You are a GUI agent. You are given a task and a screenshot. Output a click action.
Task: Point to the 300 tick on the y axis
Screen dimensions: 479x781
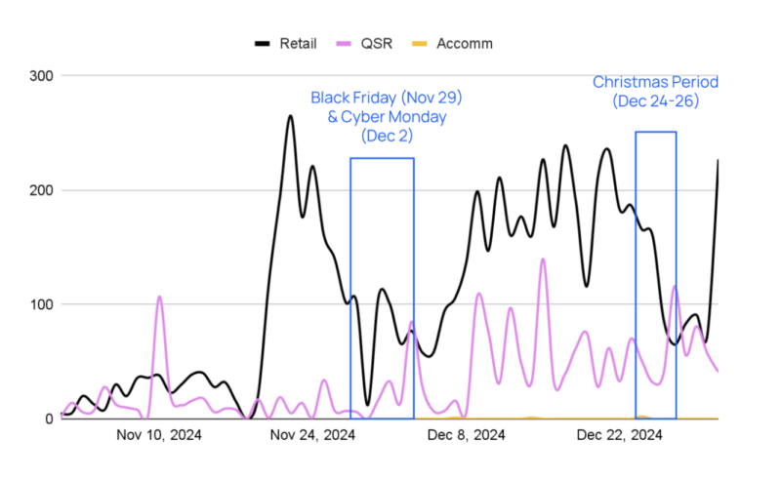[43, 76]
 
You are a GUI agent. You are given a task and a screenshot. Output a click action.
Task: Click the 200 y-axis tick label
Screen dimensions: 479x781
[43, 190]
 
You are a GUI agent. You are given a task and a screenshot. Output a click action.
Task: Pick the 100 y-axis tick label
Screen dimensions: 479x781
[43, 304]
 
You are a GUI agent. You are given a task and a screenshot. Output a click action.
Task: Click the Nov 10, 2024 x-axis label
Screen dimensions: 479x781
[159, 435]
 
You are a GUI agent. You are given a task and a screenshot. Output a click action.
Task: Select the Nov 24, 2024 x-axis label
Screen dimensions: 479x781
[312, 435]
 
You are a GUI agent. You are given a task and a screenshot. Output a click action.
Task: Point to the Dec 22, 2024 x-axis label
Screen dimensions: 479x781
[620, 435]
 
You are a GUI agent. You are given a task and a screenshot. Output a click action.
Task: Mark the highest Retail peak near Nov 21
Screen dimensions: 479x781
[290, 116]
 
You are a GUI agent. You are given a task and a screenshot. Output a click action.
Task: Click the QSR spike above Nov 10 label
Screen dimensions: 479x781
[159, 297]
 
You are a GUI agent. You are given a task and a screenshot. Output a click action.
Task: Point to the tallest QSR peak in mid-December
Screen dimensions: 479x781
[543, 259]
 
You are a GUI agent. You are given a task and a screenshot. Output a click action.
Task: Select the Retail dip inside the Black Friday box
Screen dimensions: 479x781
[367, 404]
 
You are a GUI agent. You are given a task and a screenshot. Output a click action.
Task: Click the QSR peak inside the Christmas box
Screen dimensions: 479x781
[675, 286]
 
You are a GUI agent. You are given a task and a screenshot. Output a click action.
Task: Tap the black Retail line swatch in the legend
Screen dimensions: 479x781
[263, 44]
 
